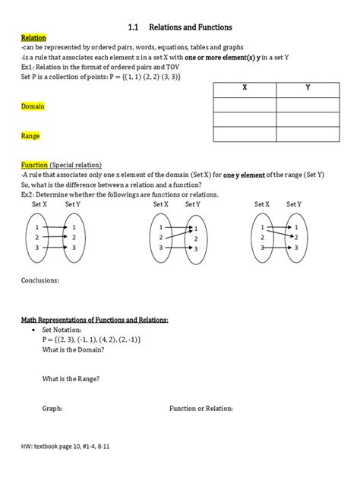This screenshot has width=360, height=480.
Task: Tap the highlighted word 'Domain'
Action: click(x=33, y=106)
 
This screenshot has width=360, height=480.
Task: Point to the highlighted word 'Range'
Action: click(x=30, y=136)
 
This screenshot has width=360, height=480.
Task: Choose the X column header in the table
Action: click(x=245, y=88)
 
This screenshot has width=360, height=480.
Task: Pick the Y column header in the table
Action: click(x=308, y=88)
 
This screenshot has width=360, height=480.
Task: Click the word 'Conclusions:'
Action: click(x=41, y=279)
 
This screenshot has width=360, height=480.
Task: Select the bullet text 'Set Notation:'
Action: click(x=65, y=331)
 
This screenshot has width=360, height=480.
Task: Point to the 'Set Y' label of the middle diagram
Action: click(x=193, y=204)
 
